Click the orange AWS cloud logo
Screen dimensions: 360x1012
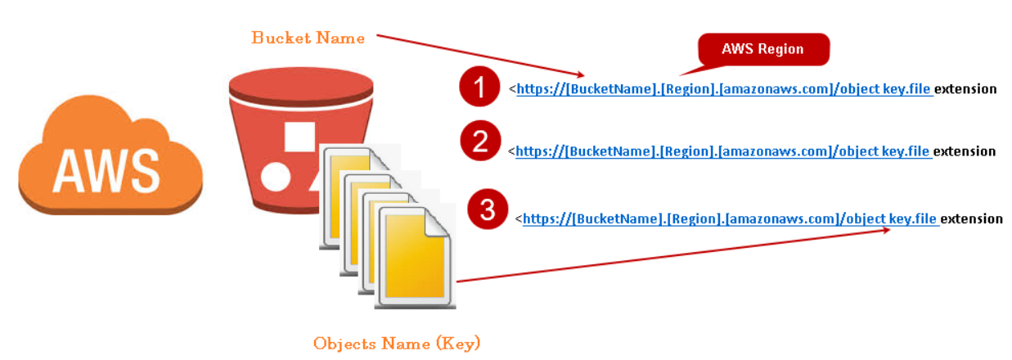110,164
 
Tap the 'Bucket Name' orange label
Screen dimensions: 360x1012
308,38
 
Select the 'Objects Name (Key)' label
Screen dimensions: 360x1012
397,343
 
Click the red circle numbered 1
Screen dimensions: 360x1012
479,87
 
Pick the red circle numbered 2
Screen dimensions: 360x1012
480,142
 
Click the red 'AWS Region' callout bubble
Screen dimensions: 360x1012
762,49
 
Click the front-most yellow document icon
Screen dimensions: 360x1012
415,259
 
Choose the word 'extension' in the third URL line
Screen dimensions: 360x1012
971,218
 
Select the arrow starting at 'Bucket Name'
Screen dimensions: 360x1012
483,55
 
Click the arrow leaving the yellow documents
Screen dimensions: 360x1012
671,255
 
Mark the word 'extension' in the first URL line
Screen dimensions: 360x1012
965,89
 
